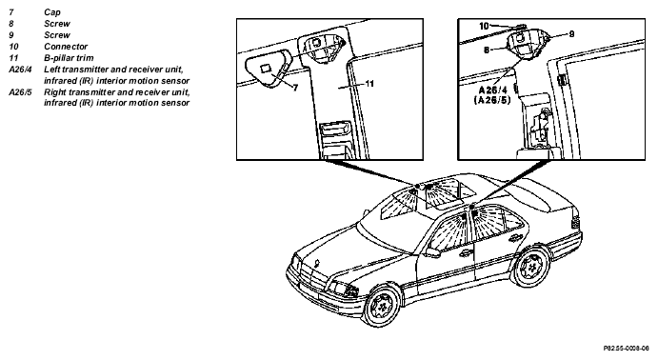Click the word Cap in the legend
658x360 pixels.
[x=52, y=12]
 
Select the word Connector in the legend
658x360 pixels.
[x=66, y=47]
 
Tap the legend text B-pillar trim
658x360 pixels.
[x=69, y=58]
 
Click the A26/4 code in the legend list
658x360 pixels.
[x=20, y=70]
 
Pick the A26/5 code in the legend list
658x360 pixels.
[x=20, y=91]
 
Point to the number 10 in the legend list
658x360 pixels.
[x=13, y=47]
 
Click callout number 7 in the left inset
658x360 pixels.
[x=295, y=88]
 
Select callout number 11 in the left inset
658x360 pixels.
[x=369, y=84]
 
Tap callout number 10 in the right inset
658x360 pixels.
[x=485, y=26]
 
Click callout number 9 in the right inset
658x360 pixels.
[x=571, y=34]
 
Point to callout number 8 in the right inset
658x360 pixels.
[x=487, y=50]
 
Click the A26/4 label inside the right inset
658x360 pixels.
[x=492, y=90]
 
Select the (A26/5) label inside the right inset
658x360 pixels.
[x=492, y=100]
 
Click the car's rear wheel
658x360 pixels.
[x=531, y=266]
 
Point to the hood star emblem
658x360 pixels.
[x=317, y=265]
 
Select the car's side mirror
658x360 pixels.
[x=431, y=252]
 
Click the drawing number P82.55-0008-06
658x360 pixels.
[x=627, y=349]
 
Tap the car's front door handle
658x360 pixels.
[x=465, y=253]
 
